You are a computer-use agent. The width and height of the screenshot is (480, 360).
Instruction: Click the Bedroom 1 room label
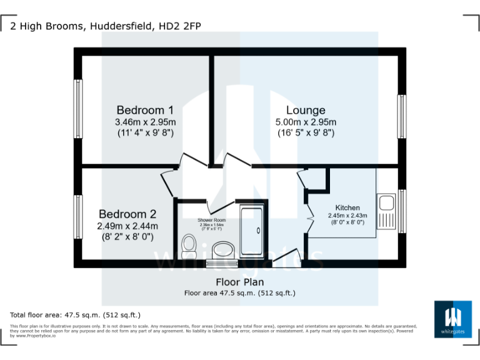click(145, 110)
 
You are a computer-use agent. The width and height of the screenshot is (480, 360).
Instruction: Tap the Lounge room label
click(306, 110)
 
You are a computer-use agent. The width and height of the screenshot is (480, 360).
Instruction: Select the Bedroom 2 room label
click(127, 214)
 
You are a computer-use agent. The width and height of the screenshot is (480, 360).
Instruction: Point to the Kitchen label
click(347, 207)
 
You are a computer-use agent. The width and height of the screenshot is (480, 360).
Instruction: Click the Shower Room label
click(212, 221)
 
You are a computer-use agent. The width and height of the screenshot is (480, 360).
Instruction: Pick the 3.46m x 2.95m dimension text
click(145, 122)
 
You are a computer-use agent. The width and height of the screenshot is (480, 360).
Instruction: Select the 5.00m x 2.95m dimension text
click(306, 122)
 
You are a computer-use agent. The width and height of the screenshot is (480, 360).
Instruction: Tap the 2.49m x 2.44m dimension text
click(127, 226)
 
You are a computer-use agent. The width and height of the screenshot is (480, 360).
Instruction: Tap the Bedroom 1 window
click(79, 109)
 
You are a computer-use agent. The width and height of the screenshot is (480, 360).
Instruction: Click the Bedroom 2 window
click(79, 217)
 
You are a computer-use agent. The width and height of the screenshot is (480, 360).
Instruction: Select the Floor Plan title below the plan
click(240, 282)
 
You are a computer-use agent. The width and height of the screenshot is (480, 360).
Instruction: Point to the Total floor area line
click(75, 315)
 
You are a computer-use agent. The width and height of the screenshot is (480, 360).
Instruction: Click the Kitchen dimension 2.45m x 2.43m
click(347, 216)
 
